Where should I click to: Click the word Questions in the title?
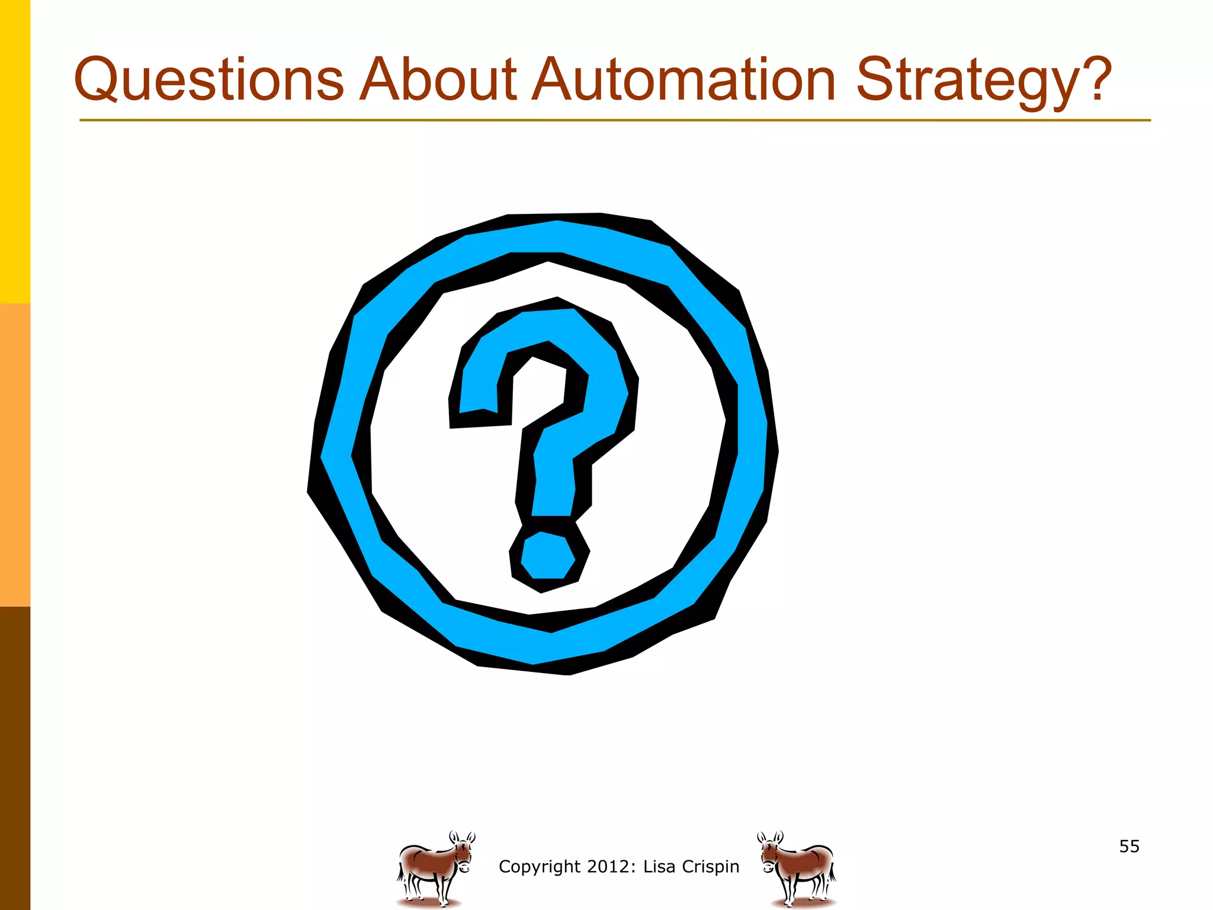[x=208, y=80]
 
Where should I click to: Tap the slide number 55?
[x=1129, y=846]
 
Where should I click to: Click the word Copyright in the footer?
[x=539, y=867]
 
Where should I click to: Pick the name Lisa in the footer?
[x=659, y=866]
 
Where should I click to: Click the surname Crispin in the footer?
[x=711, y=867]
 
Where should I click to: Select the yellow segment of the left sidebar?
[x=15, y=151]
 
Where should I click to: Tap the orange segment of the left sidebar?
[x=15, y=455]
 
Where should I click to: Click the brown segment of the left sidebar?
[x=15, y=758]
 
